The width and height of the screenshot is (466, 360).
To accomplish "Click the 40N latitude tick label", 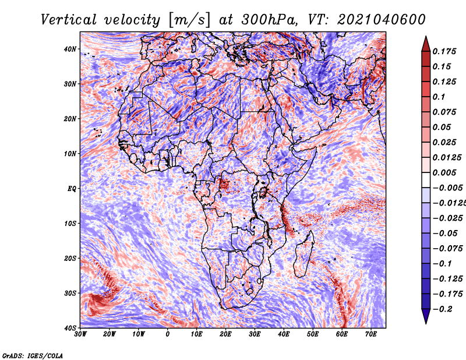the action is tap(70, 49).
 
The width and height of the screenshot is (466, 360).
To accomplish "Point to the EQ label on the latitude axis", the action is tap(72, 189).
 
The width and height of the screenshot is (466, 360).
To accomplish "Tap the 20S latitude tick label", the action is tap(70, 258).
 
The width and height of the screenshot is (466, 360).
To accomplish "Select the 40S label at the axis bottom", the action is tap(70, 328).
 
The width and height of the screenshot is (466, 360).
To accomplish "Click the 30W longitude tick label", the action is tap(80, 334).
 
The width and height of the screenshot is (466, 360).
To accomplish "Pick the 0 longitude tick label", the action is tap(168, 334).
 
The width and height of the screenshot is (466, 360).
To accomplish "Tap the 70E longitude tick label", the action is tap(370, 334).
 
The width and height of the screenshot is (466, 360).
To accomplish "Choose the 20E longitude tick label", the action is tap(225, 334).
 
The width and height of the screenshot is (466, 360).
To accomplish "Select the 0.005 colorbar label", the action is tap(444, 172).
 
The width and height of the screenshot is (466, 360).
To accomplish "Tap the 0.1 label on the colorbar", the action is tap(439, 97).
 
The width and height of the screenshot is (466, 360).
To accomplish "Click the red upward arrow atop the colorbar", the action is tap(426, 44).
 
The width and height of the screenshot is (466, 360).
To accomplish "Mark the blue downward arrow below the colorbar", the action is tap(426, 316).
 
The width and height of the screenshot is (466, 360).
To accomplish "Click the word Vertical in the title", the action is tap(69, 20).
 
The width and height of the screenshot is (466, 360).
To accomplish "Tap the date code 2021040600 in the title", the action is tap(382, 20).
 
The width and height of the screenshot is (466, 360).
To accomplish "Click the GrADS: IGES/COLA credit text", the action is tap(33, 355).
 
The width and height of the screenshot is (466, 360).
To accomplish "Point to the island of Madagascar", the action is tap(304, 254).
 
